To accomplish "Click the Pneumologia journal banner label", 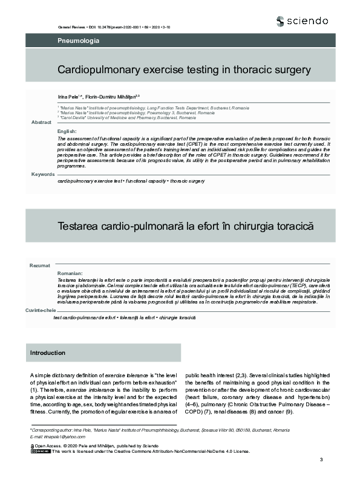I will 78,41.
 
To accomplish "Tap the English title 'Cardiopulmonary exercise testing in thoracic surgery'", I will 184,70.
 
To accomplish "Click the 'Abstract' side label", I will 41,123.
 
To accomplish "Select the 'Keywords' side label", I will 42,174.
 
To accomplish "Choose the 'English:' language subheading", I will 67,131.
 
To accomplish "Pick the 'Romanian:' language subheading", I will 70,274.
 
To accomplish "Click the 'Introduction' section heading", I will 48,352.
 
